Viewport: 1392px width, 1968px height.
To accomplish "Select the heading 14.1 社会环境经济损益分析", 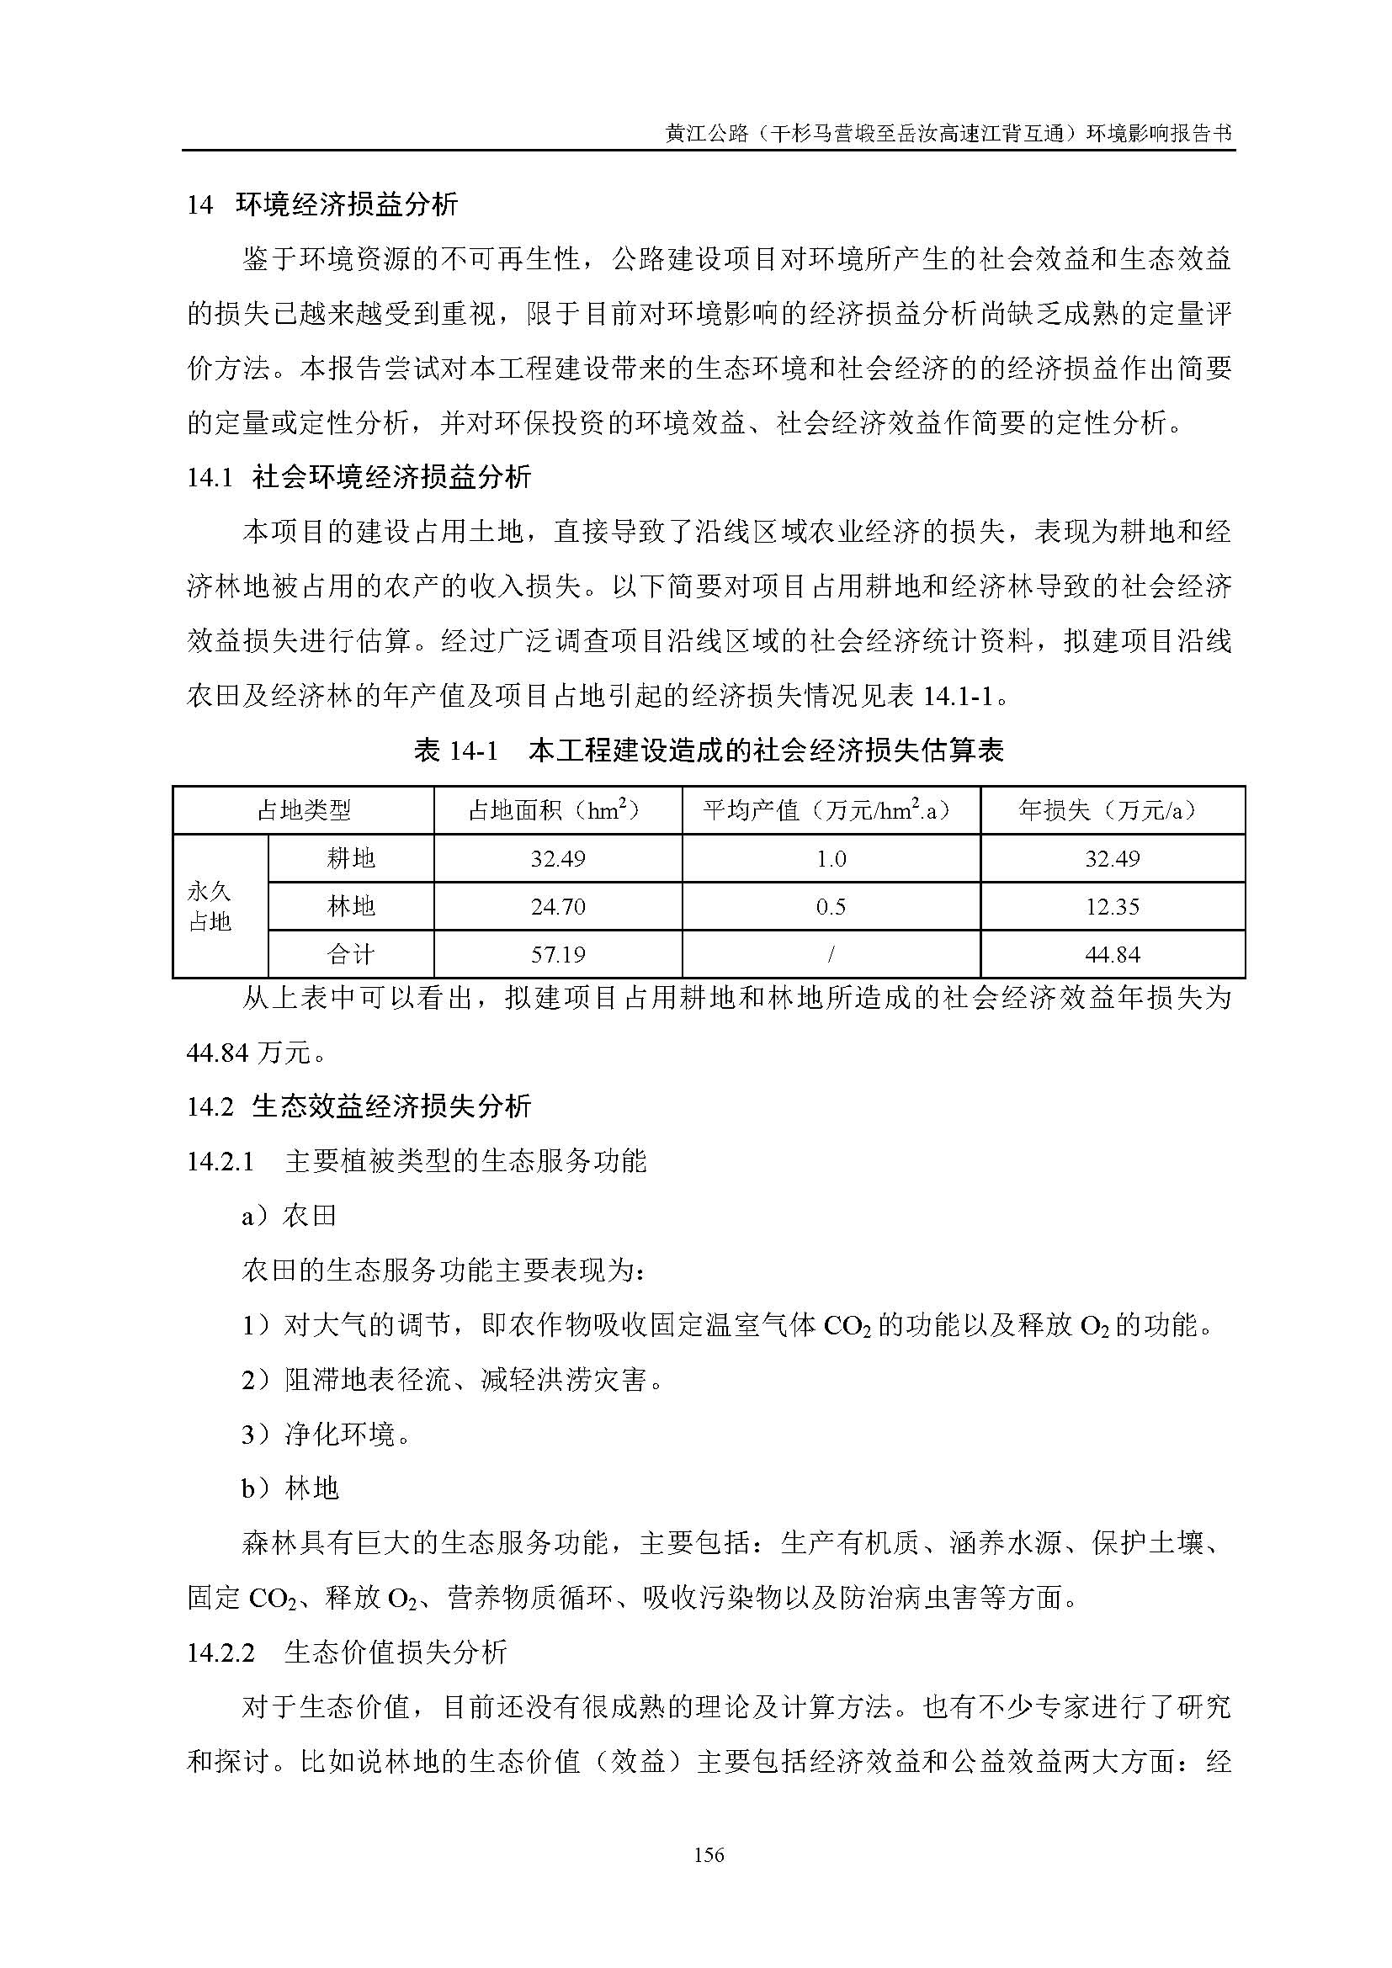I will coord(359,476).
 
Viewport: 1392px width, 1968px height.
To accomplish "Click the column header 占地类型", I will coord(304,810).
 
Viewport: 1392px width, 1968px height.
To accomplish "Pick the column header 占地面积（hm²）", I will coord(557,810).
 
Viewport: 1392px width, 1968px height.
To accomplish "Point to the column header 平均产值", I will coord(830,810).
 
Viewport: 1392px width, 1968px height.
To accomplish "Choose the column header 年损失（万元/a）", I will coord(1112,810).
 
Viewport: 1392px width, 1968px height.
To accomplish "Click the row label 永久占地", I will coord(210,906).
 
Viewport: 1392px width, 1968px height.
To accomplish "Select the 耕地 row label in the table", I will coord(351,858).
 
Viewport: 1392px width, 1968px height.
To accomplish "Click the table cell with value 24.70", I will coord(557,906).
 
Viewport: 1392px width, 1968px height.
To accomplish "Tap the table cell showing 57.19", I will coord(557,954).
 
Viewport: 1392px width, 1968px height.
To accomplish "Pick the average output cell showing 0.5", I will coord(830,906).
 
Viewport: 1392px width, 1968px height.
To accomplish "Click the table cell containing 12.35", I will coord(1112,906).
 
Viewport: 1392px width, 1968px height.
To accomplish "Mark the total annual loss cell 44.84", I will coord(1112,954).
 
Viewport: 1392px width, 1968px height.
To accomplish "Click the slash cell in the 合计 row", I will coord(830,954).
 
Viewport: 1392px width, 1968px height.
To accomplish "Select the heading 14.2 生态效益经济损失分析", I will coord(359,1106).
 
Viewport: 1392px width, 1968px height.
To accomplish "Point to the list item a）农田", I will coord(289,1216).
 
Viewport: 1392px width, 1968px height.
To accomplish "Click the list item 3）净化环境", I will coord(327,1434).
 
